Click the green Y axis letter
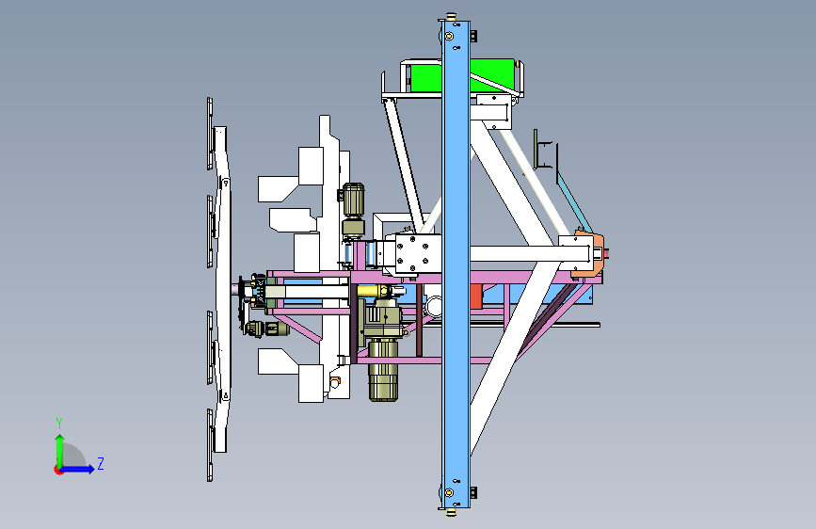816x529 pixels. pyautogui.click(x=59, y=424)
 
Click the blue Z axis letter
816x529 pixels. pyautogui.click(x=101, y=463)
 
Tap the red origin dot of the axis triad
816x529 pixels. pyautogui.click(x=58, y=470)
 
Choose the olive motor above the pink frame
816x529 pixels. pyautogui.click(x=353, y=210)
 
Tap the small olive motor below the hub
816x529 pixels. pyautogui.click(x=266, y=329)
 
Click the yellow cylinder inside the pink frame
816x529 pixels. pyautogui.click(x=373, y=291)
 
